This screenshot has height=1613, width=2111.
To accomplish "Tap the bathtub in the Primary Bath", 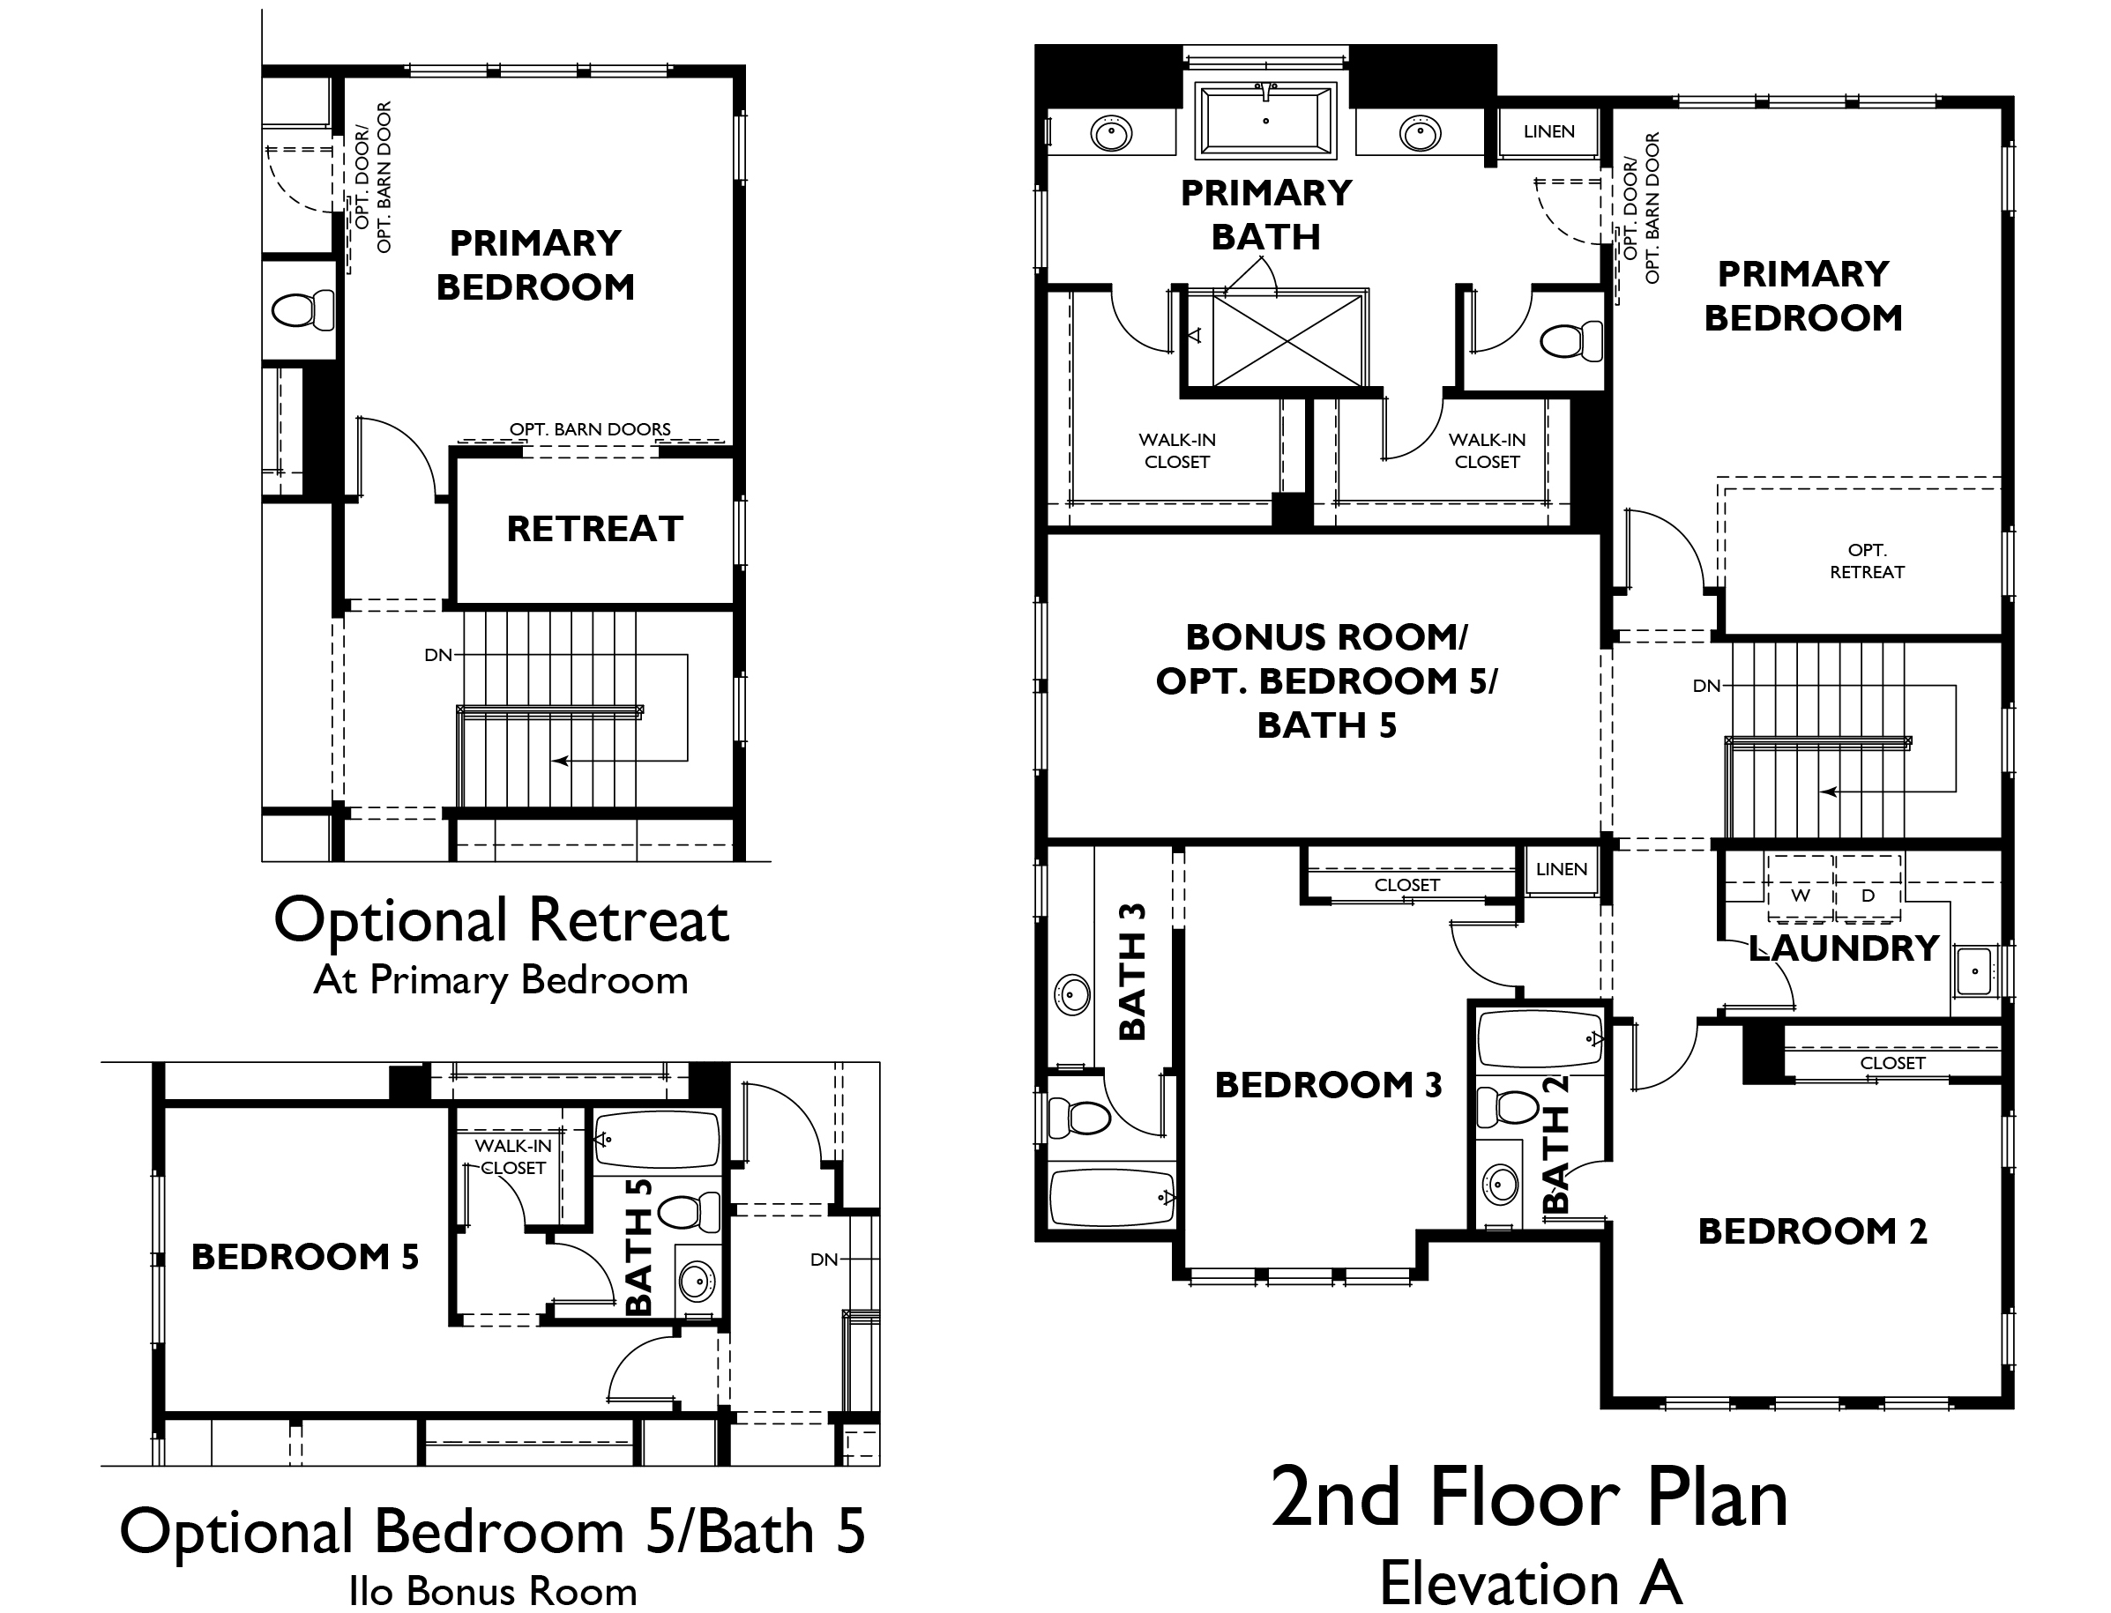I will (x=1266, y=121).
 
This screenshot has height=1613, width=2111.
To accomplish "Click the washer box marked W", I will (x=1800, y=895).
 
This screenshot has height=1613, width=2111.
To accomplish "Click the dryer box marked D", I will (x=1867, y=895).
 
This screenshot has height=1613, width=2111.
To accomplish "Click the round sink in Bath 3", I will (x=1072, y=993).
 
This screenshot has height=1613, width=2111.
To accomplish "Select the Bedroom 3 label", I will (x=1328, y=1085).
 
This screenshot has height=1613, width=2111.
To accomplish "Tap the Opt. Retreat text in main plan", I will (x=1866, y=561).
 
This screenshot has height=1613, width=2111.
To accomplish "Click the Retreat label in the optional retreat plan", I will (x=594, y=529).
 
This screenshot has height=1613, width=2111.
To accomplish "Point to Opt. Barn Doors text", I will (x=590, y=429).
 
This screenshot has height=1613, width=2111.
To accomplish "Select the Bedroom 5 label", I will (x=304, y=1257).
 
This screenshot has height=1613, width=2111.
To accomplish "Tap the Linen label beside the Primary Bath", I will (x=1548, y=131).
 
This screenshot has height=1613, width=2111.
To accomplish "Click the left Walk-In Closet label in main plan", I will (x=1176, y=450).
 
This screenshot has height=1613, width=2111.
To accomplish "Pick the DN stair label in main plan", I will (x=1705, y=686).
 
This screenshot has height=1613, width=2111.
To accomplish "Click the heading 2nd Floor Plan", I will (x=1529, y=1498).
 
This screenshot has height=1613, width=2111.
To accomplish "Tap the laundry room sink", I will (x=1973, y=970).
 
